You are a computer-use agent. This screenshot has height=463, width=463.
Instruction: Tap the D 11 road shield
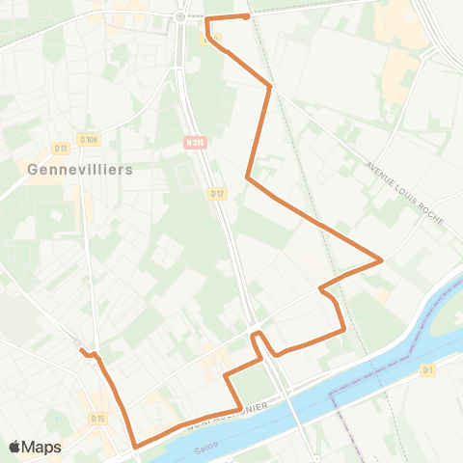point(61,148)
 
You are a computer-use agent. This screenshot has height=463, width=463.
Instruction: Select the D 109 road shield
point(90,140)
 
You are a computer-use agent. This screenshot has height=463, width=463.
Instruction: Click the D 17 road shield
point(216,193)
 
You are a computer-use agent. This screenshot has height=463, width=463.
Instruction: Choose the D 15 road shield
point(97,418)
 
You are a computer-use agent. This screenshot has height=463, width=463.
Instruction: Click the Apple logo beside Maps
point(15,448)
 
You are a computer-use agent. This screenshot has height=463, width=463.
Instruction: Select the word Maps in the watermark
point(41,448)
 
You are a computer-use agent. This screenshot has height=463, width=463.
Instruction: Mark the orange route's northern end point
point(247,16)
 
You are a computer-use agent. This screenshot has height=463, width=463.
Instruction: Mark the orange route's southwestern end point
point(83,350)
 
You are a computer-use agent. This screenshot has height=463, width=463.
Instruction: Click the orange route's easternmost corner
point(382,259)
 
